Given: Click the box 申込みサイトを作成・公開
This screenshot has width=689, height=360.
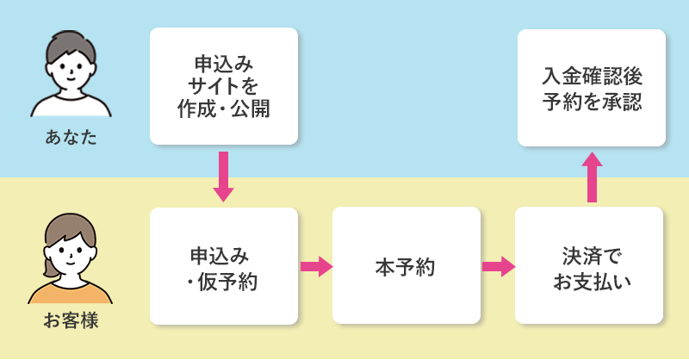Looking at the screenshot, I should (223, 86).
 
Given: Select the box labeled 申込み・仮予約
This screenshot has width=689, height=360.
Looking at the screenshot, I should (223, 266).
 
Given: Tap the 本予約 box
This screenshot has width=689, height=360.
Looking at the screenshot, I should (406, 266).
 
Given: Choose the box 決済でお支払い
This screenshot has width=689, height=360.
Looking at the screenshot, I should (589, 266).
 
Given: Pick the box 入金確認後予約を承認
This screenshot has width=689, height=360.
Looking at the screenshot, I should (591, 88).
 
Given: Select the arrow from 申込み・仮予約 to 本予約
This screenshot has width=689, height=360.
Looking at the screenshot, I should (316, 266).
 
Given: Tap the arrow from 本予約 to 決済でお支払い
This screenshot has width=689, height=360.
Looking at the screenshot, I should (498, 266).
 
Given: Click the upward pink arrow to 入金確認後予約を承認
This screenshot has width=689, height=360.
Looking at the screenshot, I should (592, 177).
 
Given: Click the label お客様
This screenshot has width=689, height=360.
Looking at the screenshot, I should (71, 321).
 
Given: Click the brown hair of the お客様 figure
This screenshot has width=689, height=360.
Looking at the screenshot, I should (71, 226).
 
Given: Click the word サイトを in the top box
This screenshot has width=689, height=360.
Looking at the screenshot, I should (223, 86).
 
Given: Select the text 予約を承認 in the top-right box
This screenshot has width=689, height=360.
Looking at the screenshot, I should (591, 101).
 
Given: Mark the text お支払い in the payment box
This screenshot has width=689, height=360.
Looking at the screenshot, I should (589, 280).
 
